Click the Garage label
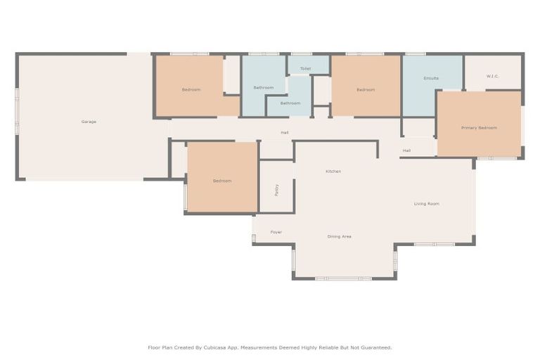[89, 122]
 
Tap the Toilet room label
[305, 69]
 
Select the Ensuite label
[431, 78]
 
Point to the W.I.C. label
[492, 76]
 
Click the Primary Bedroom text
[479, 128]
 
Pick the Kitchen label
[333, 172]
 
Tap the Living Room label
[426, 204]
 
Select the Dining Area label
[340, 237]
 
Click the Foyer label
[276, 232]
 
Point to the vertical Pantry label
[277, 190]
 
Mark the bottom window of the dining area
[343, 278]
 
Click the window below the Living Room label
[433, 244]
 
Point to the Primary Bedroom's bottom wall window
[496, 158]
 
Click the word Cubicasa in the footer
[219, 347]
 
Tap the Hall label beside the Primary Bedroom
[406, 150]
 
